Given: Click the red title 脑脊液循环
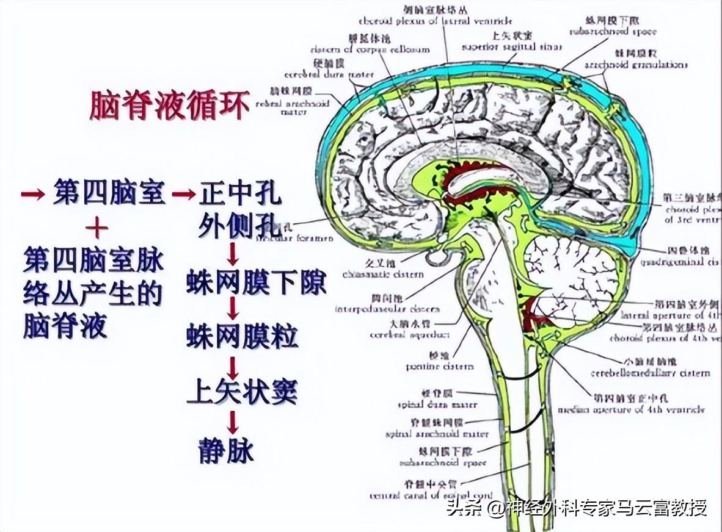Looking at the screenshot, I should [170, 106].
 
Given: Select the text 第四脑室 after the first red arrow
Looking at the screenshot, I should [109, 193].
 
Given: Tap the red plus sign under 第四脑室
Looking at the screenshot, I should [97, 229].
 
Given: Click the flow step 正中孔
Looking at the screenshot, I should [240, 195].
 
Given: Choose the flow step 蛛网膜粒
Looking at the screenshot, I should [242, 336].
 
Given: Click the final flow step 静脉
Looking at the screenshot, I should [225, 450].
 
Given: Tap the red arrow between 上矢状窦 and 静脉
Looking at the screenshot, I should [233, 422].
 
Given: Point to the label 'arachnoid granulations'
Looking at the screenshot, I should [635, 65].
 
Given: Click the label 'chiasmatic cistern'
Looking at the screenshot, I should [383, 275].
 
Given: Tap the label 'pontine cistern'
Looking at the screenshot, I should [440, 367].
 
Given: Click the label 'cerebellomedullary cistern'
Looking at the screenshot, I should [650, 373].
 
